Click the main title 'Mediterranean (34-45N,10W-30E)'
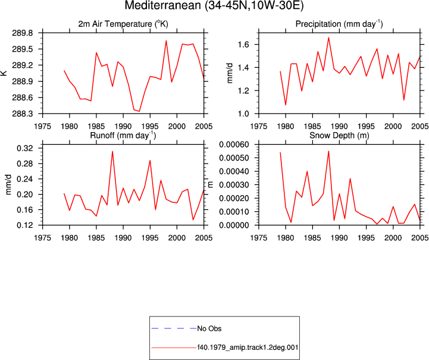[x=214, y=5]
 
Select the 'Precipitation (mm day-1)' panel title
[x=339, y=24]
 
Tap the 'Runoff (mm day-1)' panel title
[x=123, y=136]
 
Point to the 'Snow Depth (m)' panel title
[x=339, y=136]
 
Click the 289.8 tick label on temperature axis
[x=22, y=33]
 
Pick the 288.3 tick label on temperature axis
[x=22, y=114]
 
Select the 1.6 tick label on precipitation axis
[x=243, y=44]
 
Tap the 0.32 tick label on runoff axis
[x=24, y=148]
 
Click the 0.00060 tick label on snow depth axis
[x=234, y=145]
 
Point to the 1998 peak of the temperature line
[x=166, y=40]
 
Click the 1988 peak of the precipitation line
[x=328, y=37]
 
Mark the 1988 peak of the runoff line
[x=112, y=151]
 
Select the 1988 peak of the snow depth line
[x=328, y=151]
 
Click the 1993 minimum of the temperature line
[x=139, y=111]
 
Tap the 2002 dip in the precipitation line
[x=404, y=100]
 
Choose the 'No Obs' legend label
[x=209, y=328]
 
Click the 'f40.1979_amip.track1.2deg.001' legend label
[x=248, y=348]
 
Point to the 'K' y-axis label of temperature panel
[x=4, y=73]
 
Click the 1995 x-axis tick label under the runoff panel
[x=150, y=238]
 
